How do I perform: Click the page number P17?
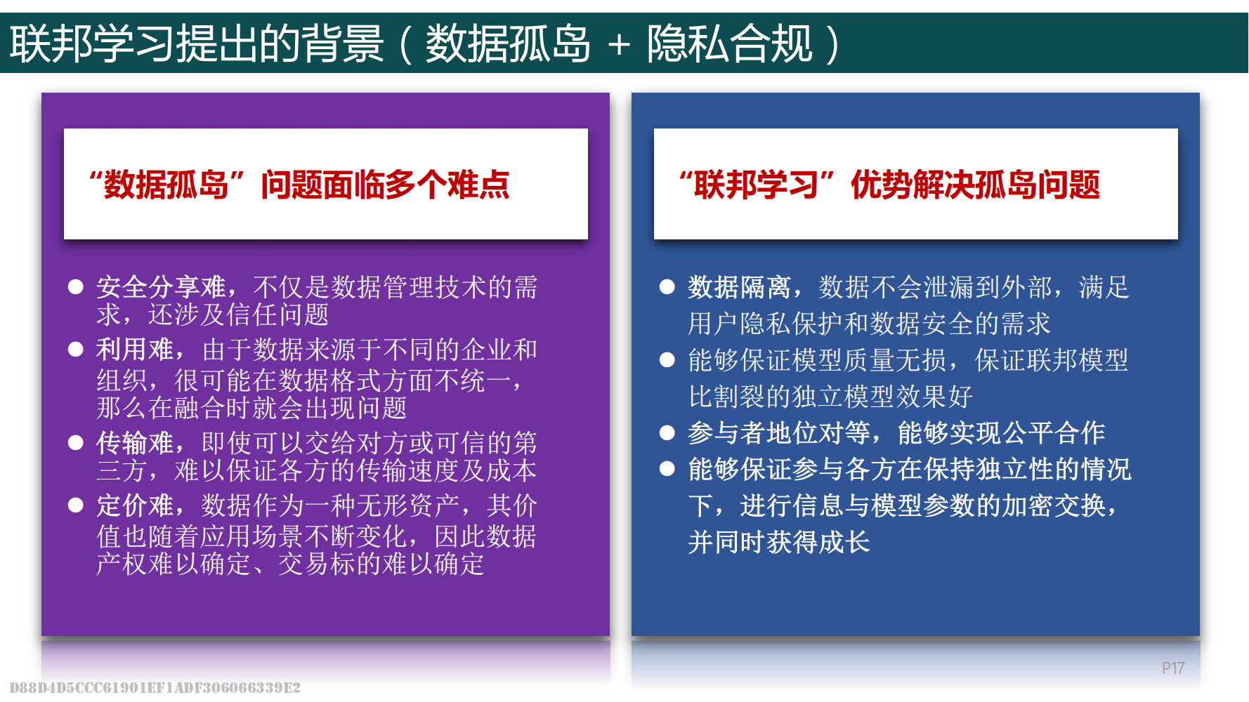(x=1172, y=668)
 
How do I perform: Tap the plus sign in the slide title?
(x=619, y=45)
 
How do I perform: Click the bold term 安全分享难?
(x=161, y=286)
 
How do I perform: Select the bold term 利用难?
(x=135, y=349)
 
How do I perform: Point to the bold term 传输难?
(x=135, y=443)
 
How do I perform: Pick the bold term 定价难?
(x=135, y=505)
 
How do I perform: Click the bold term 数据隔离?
(x=740, y=286)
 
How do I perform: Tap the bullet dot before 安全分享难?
(x=76, y=286)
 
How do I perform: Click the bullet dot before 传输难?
(x=76, y=443)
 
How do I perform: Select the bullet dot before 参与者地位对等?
(x=667, y=432)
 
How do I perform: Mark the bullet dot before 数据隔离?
(x=667, y=286)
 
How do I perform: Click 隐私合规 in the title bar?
(x=730, y=44)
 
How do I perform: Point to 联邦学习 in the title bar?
(x=92, y=44)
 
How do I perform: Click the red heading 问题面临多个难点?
(x=385, y=185)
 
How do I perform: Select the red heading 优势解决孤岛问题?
(x=976, y=185)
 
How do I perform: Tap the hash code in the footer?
(x=155, y=687)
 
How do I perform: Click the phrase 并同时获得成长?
(x=779, y=542)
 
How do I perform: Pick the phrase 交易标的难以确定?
(x=381, y=564)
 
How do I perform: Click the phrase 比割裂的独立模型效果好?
(x=830, y=397)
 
